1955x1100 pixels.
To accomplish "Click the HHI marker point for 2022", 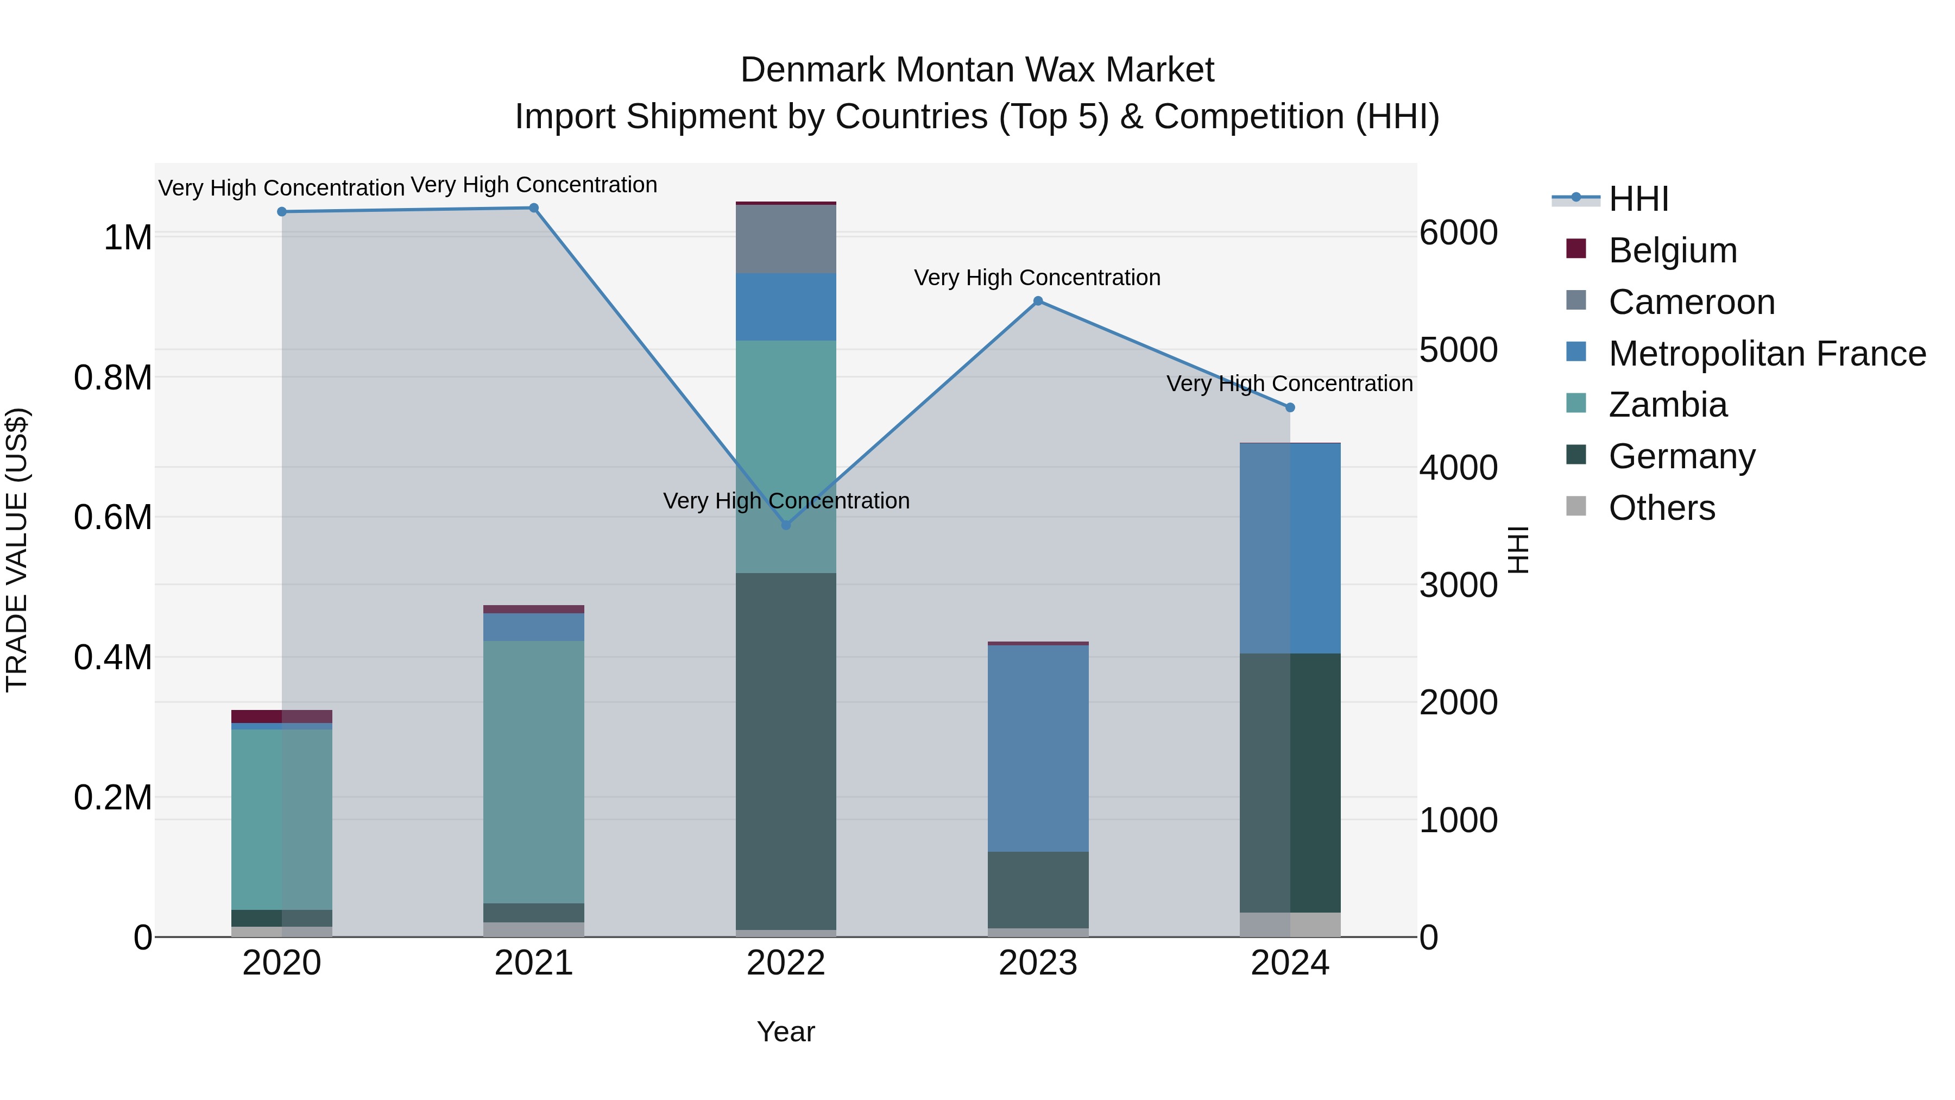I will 786,525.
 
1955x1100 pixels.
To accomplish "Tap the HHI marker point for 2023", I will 1038,301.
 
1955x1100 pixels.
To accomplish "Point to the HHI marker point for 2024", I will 1290,407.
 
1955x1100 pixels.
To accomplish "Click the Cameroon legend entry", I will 1691,302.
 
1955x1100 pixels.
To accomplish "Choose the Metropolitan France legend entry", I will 1767,354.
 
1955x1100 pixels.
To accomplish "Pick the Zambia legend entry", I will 1667,405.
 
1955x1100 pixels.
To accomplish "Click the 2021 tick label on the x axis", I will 533,963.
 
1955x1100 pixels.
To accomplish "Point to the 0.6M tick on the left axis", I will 113,518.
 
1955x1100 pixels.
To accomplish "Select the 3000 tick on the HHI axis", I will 1459,585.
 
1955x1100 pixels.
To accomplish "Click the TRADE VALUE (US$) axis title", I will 17,550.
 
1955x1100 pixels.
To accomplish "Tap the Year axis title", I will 785,1032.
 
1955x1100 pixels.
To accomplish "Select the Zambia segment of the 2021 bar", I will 533,771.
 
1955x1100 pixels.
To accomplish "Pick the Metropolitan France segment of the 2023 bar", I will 1038,748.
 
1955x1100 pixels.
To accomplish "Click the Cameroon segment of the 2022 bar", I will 786,239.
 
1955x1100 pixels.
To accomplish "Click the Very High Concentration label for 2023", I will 1037,278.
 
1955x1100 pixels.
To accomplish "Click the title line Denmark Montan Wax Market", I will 977,70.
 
